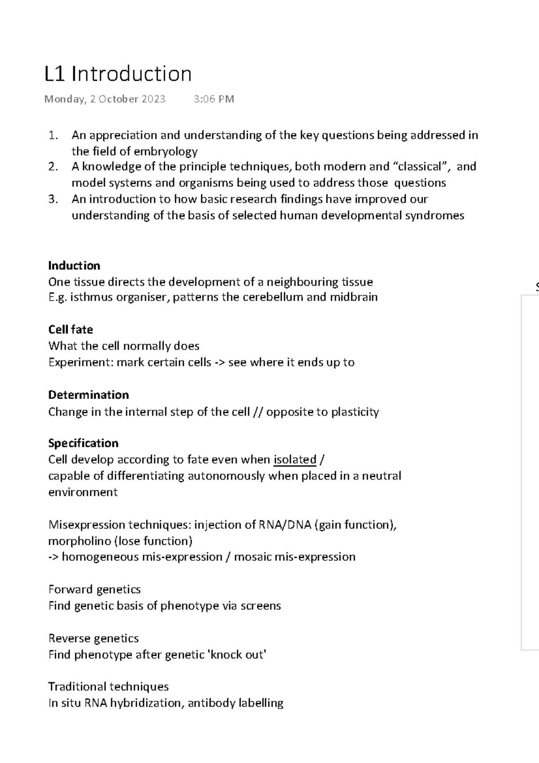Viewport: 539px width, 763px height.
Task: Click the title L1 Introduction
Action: (118, 74)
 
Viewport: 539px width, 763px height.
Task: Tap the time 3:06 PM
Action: (214, 99)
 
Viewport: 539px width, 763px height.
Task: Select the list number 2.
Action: (53, 167)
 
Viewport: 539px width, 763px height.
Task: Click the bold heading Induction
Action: (74, 266)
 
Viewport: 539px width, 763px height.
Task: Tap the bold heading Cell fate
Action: (71, 330)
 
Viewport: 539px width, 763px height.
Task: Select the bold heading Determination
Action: (88, 395)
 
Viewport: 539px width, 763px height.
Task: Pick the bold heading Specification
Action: (83, 443)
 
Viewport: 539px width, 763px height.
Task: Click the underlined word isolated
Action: (295, 460)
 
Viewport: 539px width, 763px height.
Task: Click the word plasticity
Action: (355, 412)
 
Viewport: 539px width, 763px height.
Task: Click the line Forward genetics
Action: (94, 590)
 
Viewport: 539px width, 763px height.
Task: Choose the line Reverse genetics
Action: (93, 639)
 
